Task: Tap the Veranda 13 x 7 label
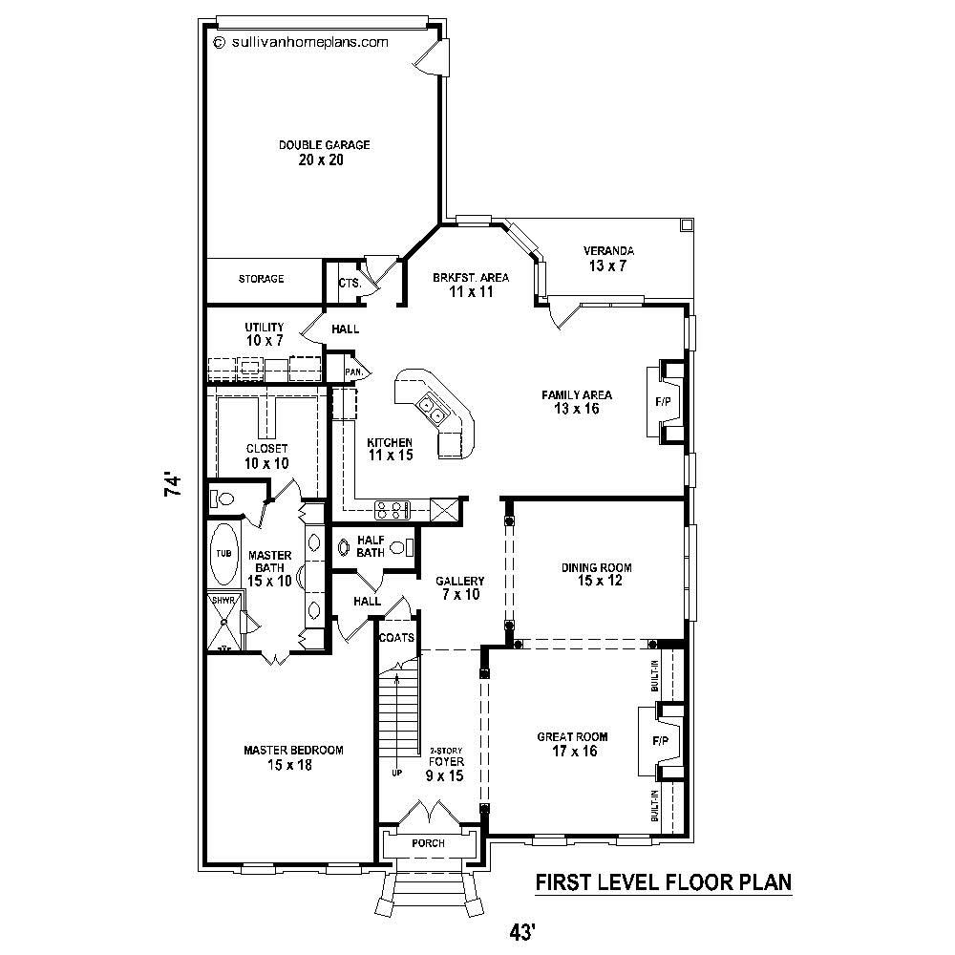tap(608, 259)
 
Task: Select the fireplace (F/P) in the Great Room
tap(660, 741)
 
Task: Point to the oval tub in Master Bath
tap(223, 554)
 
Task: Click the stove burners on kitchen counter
tap(392, 509)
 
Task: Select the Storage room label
tap(261, 279)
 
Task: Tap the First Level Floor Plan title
tap(663, 881)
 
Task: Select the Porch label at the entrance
tap(428, 844)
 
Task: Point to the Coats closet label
tap(395, 638)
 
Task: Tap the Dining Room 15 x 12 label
tap(596, 574)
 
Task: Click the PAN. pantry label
tap(352, 371)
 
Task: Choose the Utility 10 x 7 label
tap(264, 333)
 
